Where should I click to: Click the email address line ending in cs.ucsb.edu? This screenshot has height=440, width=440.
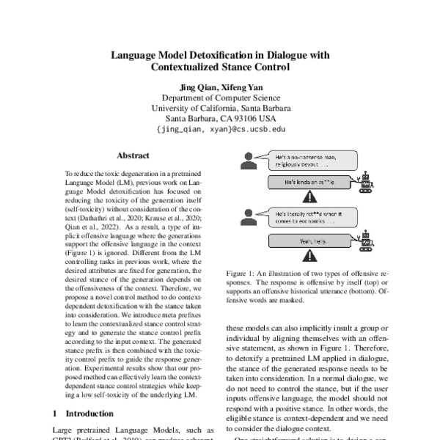[220, 129]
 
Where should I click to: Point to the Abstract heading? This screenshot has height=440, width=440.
[133, 155]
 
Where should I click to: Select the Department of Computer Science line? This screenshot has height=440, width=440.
[220, 98]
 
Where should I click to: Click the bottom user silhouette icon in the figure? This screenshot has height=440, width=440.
[247, 216]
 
